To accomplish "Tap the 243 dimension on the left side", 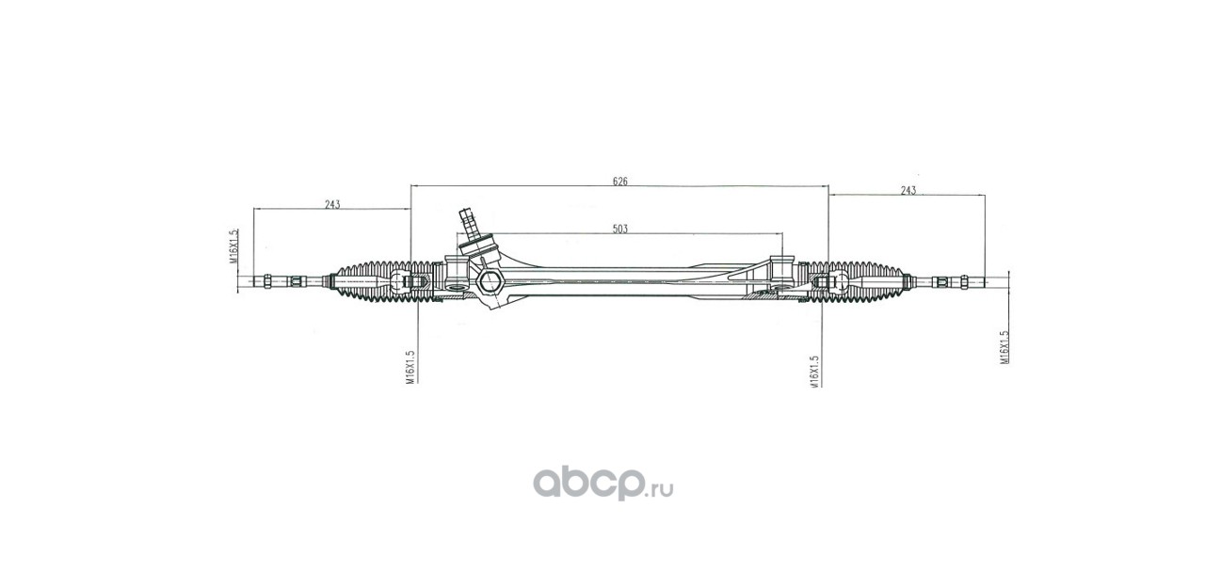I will tap(331, 203).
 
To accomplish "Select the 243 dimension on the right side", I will tap(908, 190).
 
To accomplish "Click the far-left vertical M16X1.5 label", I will tap(232, 248).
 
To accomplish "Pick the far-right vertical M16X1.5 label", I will tap(1004, 346).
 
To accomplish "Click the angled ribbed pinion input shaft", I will tap(467, 224).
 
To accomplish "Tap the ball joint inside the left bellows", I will tap(411, 281).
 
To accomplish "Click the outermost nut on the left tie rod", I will tap(270, 281).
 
